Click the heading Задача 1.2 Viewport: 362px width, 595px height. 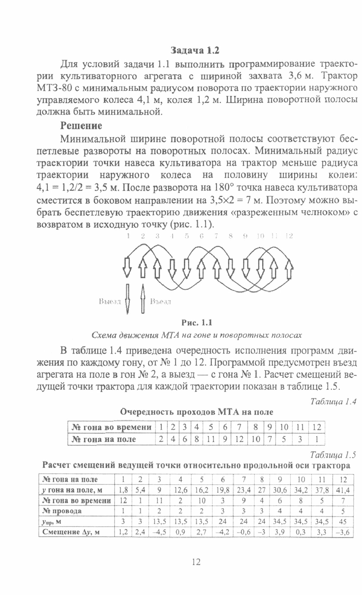pyautogui.click(x=195, y=51)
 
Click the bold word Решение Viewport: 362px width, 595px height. pyautogui.click(x=81, y=126)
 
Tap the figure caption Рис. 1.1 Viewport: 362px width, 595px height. pyautogui.click(x=197, y=322)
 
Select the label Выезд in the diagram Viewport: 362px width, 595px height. pyautogui.click(x=110, y=302)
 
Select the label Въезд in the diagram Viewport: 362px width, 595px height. pyautogui.click(x=160, y=302)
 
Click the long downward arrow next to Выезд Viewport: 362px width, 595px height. pyautogui.click(x=127, y=299)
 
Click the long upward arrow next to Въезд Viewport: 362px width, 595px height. pyautogui.click(x=143, y=299)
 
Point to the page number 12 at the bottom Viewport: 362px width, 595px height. pyautogui.click(x=196, y=562)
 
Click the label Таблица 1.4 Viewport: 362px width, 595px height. pyautogui.click(x=333, y=402)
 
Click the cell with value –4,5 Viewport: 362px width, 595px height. pyautogui.click(x=159, y=532)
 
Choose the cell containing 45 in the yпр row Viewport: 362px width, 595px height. pyautogui.click(x=343, y=522)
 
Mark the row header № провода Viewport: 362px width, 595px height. pyautogui.click(x=62, y=511)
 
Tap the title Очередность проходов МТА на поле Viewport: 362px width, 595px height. pyautogui.click(x=196, y=412)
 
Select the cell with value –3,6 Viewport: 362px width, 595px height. pyautogui.click(x=343, y=532)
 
